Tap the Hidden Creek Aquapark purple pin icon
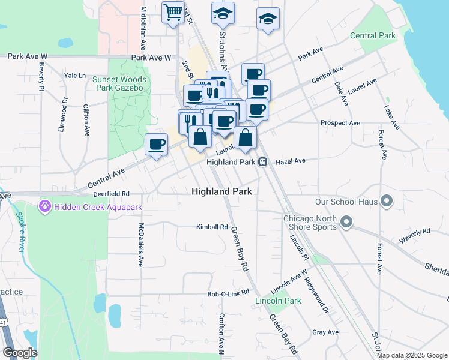44,207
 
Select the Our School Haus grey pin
387,201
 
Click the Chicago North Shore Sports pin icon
346,223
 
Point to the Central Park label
373,35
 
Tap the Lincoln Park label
278,301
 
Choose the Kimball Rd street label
212,227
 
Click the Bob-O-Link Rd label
228,293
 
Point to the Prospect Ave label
340,123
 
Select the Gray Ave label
325,332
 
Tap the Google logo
20,353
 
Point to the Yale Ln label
75,76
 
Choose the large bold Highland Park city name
221,191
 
